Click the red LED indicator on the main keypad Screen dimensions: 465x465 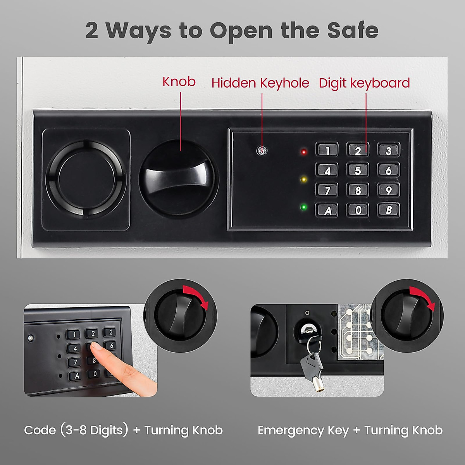click(x=304, y=152)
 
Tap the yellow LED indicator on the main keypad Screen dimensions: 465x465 click(x=304, y=179)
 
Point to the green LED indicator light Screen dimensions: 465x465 click(x=304, y=207)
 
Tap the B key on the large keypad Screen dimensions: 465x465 click(x=389, y=210)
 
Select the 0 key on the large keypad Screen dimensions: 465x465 click(x=358, y=210)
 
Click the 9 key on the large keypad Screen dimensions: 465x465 click(x=389, y=190)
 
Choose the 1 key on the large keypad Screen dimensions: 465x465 click(x=327, y=150)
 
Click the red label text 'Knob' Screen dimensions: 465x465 click(x=179, y=82)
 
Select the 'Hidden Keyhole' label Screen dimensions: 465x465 click(x=260, y=83)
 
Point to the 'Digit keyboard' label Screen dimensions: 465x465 click(x=364, y=83)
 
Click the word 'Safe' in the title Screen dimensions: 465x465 click(x=353, y=30)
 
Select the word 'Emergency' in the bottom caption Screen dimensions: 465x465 click(x=291, y=431)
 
